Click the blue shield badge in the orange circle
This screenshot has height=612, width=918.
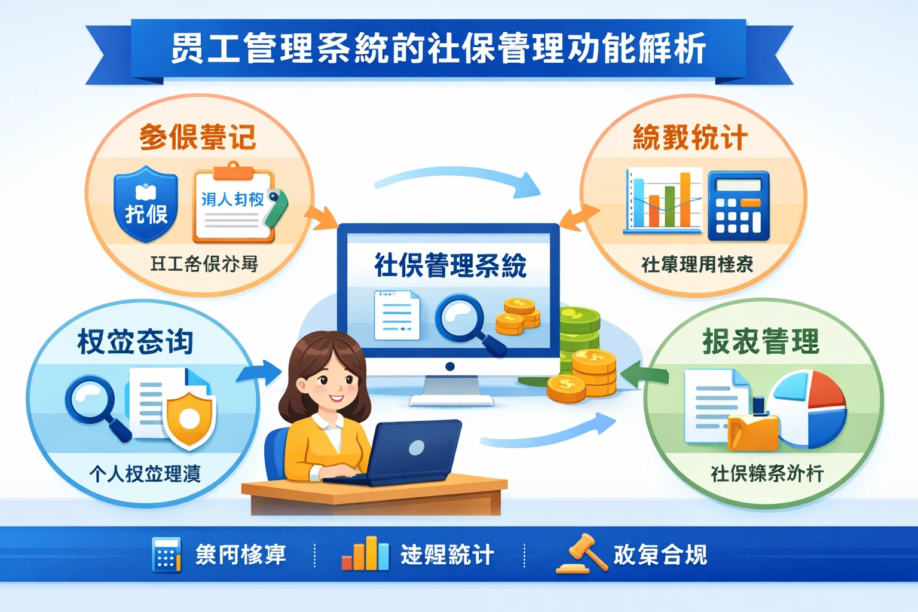[x=146, y=205]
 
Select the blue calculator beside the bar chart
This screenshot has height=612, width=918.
[x=738, y=206]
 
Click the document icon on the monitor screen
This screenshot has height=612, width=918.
[x=396, y=315]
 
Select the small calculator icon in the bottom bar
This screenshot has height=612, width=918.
[x=166, y=555]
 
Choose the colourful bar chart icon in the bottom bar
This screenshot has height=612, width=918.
[x=365, y=554]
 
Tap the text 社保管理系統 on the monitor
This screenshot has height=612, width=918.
[x=450, y=265]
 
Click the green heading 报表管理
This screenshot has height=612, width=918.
[x=760, y=342]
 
